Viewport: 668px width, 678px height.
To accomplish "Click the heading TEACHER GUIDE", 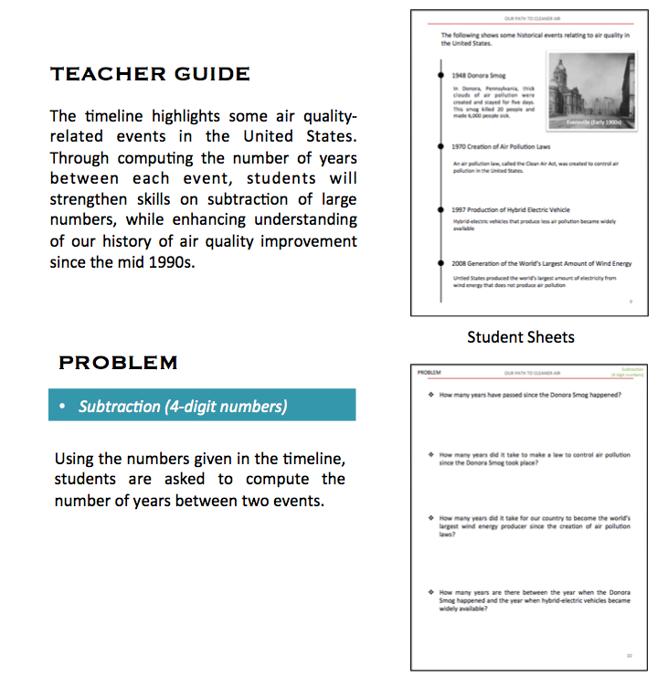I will pos(150,74).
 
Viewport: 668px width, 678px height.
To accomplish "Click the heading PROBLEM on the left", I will pos(118,363).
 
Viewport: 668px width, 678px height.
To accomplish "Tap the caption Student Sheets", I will pos(520,337).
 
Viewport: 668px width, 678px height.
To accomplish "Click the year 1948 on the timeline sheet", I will pos(460,75).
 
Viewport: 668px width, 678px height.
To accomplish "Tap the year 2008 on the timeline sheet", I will pos(460,263).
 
